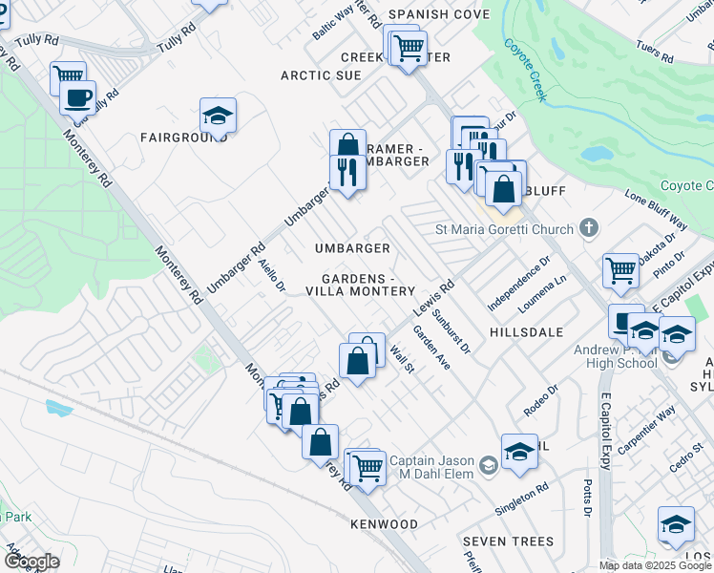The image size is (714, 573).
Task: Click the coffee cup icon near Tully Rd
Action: click(x=77, y=97)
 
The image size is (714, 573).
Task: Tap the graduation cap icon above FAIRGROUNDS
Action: click(x=219, y=117)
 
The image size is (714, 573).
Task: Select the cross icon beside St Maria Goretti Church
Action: click(x=589, y=228)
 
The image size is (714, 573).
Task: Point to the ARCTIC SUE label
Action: click(x=321, y=75)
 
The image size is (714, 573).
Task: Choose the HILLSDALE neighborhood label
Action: click(x=527, y=331)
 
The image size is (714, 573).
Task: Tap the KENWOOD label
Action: click(x=384, y=524)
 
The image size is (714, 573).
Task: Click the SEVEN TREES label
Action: click(x=508, y=541)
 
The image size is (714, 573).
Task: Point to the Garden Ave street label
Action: click(x=431, y=349)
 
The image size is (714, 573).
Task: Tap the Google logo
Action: click(x=31, y=562)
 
